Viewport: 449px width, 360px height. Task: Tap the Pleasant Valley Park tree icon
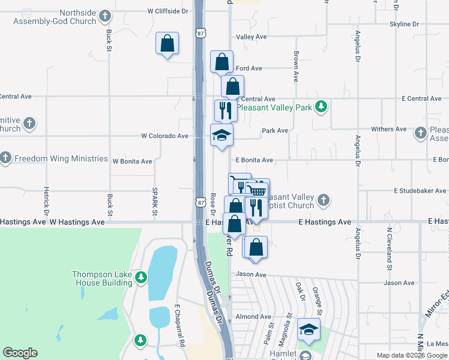322,107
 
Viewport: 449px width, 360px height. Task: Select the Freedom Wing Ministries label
53,158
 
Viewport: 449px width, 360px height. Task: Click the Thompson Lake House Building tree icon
140,277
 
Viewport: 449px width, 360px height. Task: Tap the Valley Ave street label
252,37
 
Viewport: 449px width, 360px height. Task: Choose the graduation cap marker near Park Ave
221,136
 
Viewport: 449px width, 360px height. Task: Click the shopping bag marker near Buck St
167,44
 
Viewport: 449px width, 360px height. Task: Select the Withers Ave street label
390,129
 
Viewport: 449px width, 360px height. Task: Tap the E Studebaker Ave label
421,191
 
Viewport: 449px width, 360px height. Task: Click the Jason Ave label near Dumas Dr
251,274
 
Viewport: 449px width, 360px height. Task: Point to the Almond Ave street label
254,316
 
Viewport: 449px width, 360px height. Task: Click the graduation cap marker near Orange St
309,329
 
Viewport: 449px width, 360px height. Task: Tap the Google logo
20,352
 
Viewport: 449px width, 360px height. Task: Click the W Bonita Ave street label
133,161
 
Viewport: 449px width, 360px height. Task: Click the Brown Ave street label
296,66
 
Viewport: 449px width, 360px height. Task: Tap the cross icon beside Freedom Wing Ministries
5,158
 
